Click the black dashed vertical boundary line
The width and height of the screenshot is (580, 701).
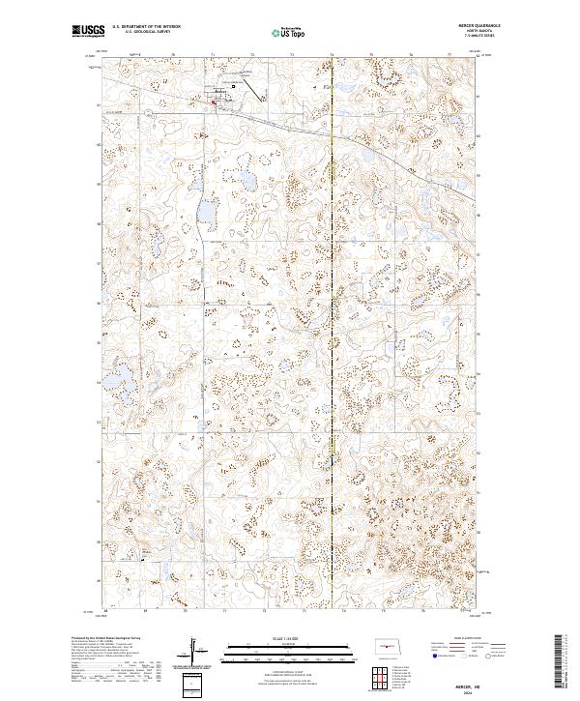[x=332, y=338]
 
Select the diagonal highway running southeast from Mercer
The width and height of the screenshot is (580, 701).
[x=319, y=131]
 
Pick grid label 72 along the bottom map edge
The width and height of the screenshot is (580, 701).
[x=264, y=612]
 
